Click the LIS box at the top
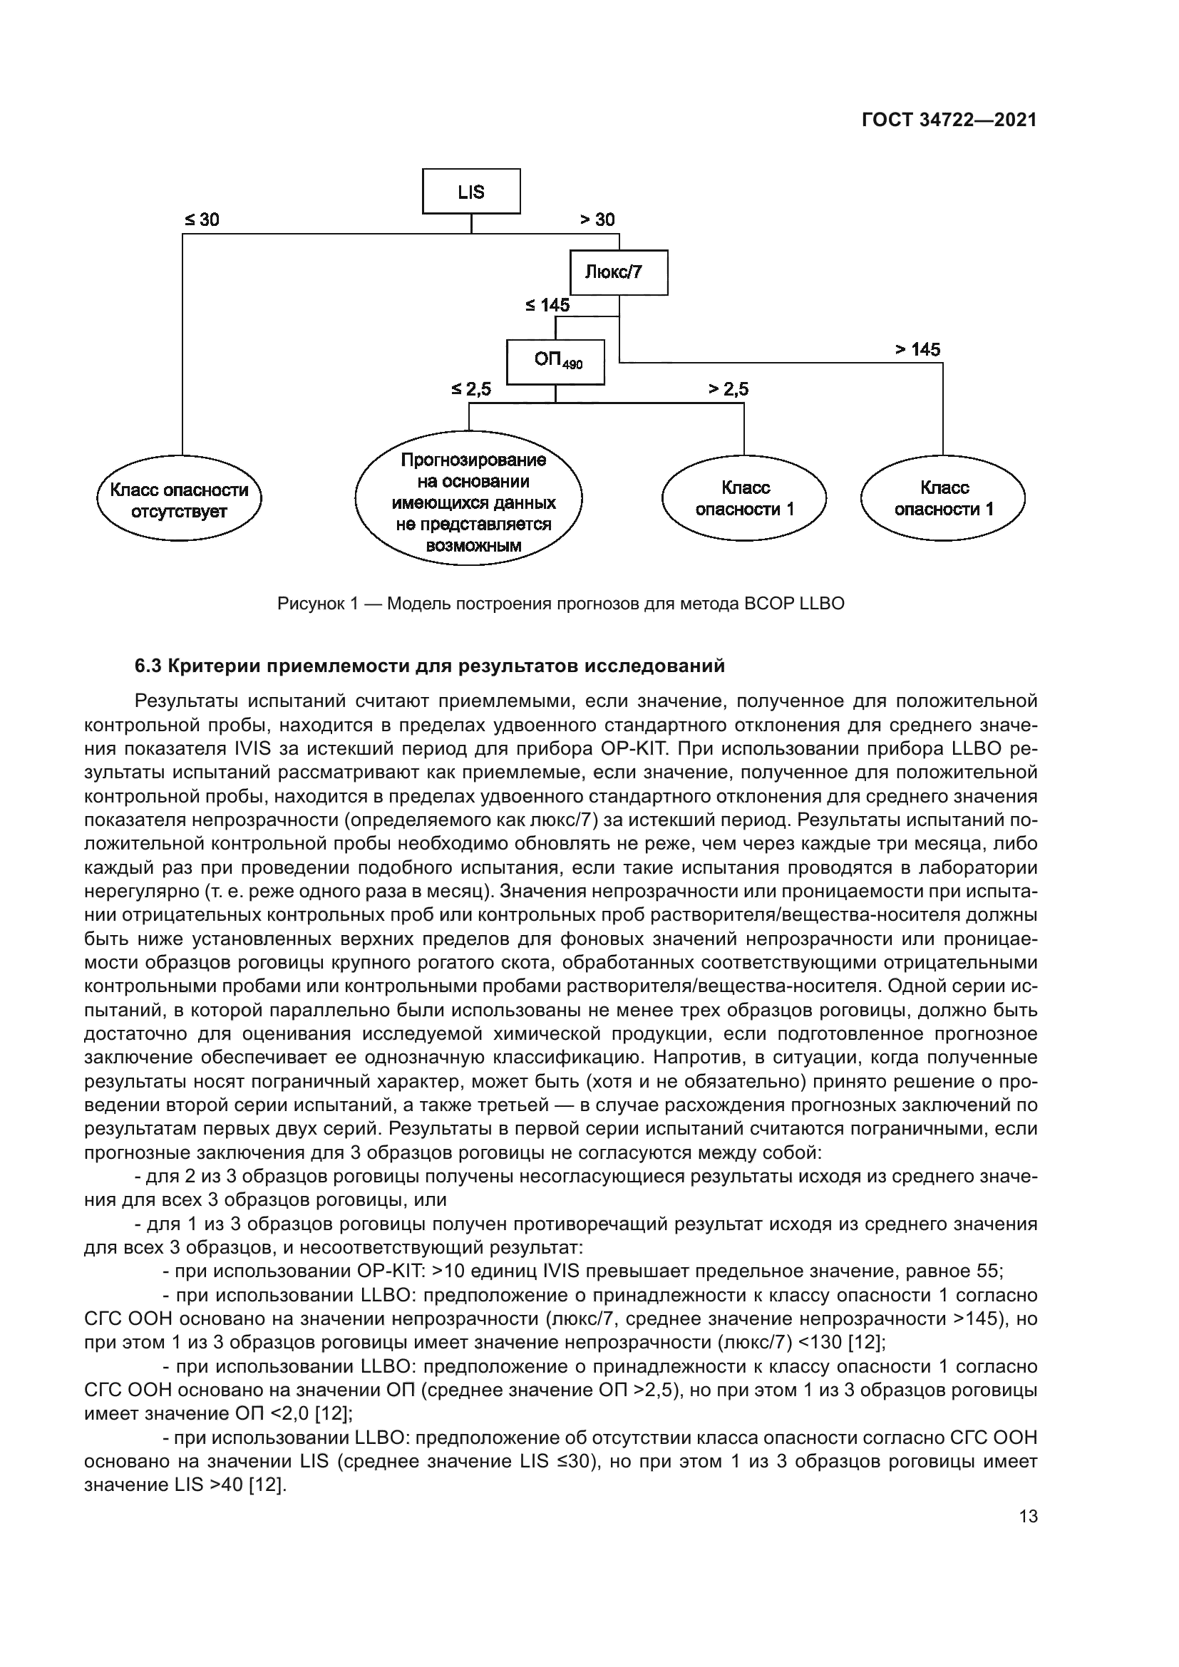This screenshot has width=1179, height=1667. click(471, 192)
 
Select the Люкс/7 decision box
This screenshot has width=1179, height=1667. click(619, 272)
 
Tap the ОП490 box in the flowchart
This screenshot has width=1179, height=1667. click(555, 361)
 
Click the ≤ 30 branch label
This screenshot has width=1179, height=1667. click(201, 220)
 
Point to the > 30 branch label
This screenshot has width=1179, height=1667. click(597, 220)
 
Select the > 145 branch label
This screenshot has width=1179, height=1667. click(917, 349)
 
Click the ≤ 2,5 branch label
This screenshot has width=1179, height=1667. click(470, 389)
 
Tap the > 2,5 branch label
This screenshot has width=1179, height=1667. click(728, 389)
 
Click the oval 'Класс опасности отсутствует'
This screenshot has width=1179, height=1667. click(179, 500)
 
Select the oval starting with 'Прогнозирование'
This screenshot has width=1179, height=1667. click(469, 502)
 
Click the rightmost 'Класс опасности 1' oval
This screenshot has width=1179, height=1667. click(943, 499)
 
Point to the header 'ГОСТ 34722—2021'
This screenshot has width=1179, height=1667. click(949, 120)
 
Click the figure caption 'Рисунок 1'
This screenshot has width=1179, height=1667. click(319, 604)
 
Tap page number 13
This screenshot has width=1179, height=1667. click(1028, 1516)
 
